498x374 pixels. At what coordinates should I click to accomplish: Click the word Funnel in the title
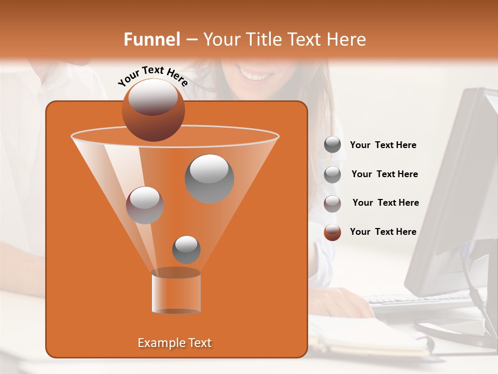tap(151, 39)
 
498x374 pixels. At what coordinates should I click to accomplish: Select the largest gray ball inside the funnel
tap(209, 178)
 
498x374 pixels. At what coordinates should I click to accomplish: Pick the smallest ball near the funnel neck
tap(186, 249)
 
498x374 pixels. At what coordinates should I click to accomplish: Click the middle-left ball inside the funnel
tap(145, 205)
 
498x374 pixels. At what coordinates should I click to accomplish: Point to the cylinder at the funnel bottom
tap(176, 292)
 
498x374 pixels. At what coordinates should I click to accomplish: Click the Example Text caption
tap(174, 343)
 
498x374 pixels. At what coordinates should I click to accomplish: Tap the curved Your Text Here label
tap(153, 76)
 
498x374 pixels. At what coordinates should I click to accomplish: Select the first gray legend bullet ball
tap(333, 145)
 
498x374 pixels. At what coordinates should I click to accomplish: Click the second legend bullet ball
tap(333, 175)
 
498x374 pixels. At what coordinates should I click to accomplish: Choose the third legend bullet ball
tap(333, 204)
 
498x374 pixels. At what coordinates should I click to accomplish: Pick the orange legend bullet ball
tap(333, 232)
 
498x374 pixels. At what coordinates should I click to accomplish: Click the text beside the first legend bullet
tap(383, 145)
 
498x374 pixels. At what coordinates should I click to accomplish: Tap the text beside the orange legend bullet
tap(383, 232)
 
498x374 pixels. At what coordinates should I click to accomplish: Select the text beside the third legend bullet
tap(385, 203)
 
